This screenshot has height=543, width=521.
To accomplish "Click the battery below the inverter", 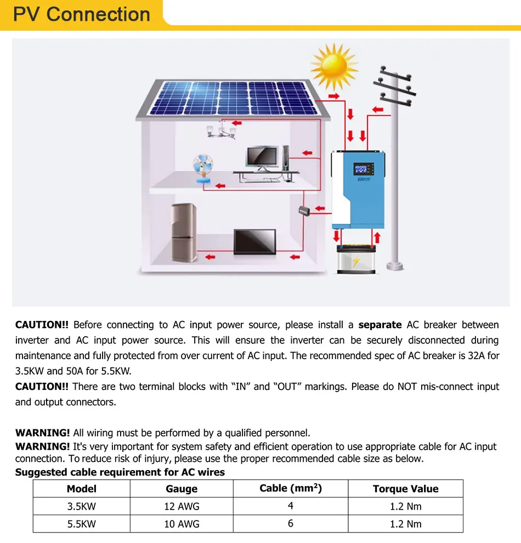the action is click(x=357, y=259).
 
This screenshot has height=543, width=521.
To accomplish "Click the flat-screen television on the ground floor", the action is click(x=255, y=242).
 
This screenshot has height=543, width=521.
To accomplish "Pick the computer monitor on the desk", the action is click(x=262, y=157).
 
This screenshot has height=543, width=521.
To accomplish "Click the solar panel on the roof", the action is click(x=233, y=99).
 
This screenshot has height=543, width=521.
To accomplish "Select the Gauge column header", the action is click(x=182, y=489).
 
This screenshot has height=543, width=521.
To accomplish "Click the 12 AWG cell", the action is click(x=182, y=506).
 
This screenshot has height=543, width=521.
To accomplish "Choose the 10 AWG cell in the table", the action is click(x=182, y=524).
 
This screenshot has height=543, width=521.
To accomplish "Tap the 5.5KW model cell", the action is click(x=82, y=524).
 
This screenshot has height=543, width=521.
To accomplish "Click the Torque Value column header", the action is click(x=405, y=489).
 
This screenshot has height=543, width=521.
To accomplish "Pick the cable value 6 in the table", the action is click(x=291, y=523).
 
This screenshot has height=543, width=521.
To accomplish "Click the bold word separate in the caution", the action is click(x=380, y=325).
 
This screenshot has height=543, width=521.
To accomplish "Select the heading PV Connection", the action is click(x=82, y=14).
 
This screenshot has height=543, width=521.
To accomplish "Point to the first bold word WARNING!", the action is click(x=43, y=433).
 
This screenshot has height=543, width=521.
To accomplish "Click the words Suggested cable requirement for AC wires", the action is click(x=120, y=472).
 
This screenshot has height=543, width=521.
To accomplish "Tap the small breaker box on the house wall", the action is click(x=304, y=210).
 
